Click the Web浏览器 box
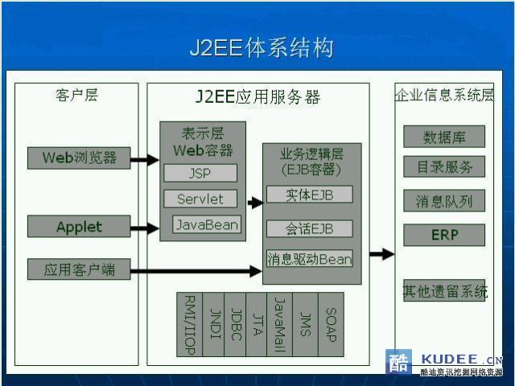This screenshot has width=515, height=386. click(x=79, y=158)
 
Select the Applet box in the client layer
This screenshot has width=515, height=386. click(x=79, y=226)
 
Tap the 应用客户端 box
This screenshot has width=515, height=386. click(x=79, y=269)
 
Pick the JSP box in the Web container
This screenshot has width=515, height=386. click(x=200, y=173)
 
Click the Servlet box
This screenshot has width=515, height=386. click(x=200, y=199)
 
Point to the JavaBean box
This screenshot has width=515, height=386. click(x=207, y=224)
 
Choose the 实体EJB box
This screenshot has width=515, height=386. click(x=309, y=195)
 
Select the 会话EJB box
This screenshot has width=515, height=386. click(x=309, y=228)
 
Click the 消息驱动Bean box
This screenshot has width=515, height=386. click(x=309, y=258)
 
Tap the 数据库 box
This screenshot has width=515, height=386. click(x=444, y=137)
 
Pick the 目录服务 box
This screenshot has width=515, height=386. click(x=444, y=166)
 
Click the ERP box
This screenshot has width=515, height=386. click(x=444, y=235)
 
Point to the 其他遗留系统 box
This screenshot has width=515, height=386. click(x=444, y=290)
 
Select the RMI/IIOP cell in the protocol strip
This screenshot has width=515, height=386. click(x=190, y=324)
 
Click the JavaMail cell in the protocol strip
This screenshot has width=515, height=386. click(x=279, y=324)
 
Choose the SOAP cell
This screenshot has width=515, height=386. click(x=331, y=324)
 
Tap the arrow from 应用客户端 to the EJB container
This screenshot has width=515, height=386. click(x=196, y=271)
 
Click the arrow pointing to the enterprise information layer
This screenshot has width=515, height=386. click(x=382, y=254)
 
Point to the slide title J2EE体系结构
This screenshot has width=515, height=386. click(x=262, y=48)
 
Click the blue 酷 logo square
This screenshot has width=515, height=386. click(x=399, y=362)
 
